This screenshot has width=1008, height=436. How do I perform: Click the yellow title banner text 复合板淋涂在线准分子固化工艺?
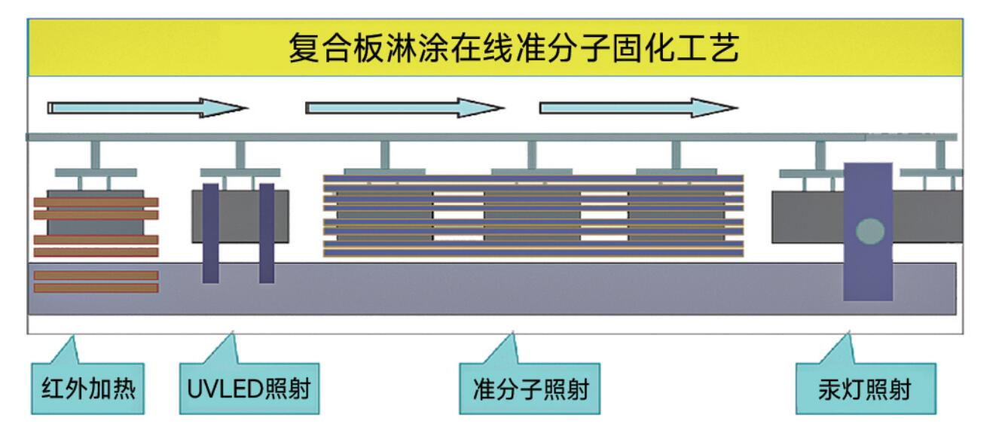point(514,47)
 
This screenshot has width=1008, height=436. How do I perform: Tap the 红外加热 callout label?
point(87,389)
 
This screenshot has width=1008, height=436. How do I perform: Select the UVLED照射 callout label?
point(249,389)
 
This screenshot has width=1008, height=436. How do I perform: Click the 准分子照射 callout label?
point(530,389)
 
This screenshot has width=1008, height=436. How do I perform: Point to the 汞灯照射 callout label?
point(866,389)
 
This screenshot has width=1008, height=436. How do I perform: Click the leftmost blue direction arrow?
point(148,108)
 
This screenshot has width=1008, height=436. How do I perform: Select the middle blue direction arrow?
point(405,108)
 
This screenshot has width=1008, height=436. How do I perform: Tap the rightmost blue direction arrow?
point(639,108)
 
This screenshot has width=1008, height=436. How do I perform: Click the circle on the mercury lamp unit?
point(870,232)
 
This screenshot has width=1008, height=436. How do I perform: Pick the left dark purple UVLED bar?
point(211,233)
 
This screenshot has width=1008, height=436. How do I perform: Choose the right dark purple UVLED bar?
point(267,233)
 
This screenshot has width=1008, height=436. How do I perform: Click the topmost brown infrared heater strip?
point(96,203)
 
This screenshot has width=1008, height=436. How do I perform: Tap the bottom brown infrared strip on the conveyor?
point(96,288)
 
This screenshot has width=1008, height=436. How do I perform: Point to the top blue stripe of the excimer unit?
point(533,178)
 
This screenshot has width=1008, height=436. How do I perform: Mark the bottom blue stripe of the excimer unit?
point(533,253)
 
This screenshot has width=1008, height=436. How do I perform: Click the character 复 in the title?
point(304,47)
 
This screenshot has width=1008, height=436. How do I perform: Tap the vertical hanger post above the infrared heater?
point(95,155)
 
